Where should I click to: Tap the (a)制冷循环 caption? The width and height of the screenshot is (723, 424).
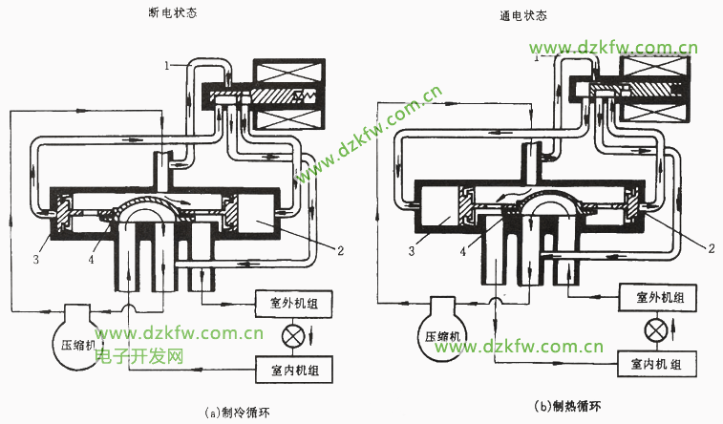244,413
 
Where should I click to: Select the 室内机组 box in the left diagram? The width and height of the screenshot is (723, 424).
293,369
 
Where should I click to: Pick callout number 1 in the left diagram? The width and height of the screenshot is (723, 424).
166,65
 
